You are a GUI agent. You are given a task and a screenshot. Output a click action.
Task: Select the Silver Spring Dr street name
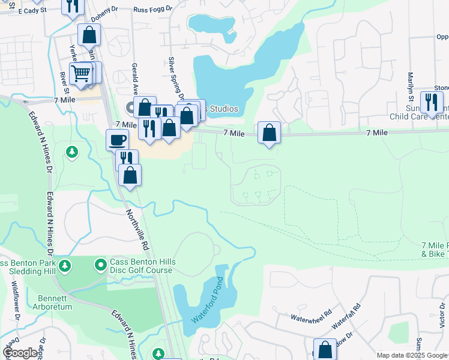(175, 78)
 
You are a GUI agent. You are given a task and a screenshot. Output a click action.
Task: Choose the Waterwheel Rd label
(312, 314)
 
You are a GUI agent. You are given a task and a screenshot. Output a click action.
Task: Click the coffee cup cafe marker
(118, 140)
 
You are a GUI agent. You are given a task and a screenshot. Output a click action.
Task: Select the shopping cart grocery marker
(80, 74)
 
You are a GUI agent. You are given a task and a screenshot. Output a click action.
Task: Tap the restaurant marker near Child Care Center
(430, 102)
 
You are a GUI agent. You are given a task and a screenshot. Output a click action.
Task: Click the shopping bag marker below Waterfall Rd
(325, 349)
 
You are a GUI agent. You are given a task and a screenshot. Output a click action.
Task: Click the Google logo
(20, 353)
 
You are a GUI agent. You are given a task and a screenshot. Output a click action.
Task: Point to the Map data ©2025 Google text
(412, 355)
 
